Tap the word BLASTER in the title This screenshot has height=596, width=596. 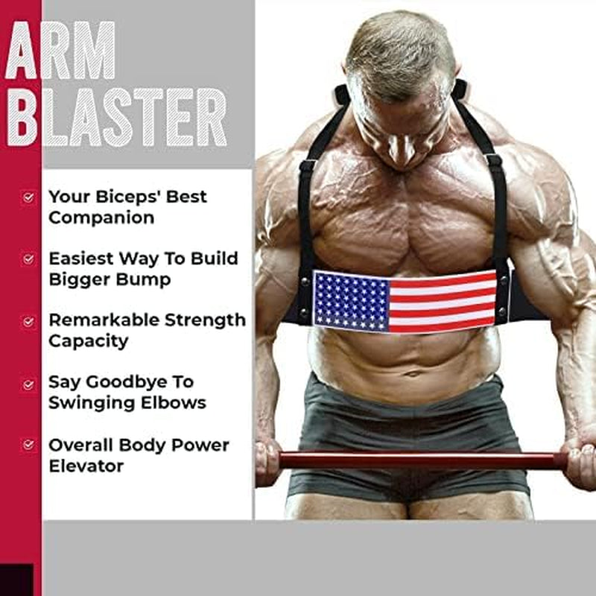click(x=115, y=117)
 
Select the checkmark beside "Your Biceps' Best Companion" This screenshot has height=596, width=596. click(x=29, y=198)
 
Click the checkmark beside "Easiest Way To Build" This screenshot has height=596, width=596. click(x=29, y=259)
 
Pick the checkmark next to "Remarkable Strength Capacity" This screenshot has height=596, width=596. click(x=29, y=322)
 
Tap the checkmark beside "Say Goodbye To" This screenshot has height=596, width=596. click(x=29, y=384)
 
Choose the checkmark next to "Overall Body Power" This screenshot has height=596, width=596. click(x=29, y=446)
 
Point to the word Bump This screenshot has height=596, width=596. click(x=145, y=280)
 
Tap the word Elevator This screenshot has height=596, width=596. click(x=86, y=466)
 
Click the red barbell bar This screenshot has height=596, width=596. click(x=417, y=460)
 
